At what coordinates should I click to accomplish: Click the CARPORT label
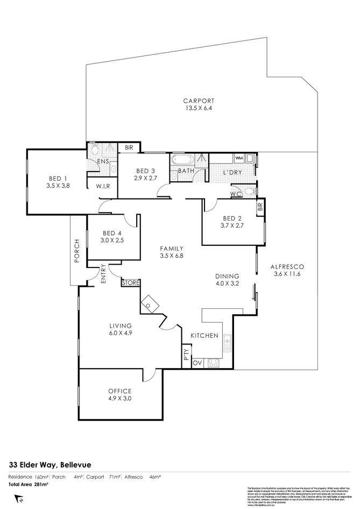coord(199,101)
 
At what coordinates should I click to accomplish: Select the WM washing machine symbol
coord(239,158)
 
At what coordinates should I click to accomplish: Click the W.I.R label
coord(103,186)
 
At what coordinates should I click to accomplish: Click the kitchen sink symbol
coord(227,342)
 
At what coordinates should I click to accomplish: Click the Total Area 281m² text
coord(28,484)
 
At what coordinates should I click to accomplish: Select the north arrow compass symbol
coord(20,500)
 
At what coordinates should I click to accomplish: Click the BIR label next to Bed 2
coord(260,206)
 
